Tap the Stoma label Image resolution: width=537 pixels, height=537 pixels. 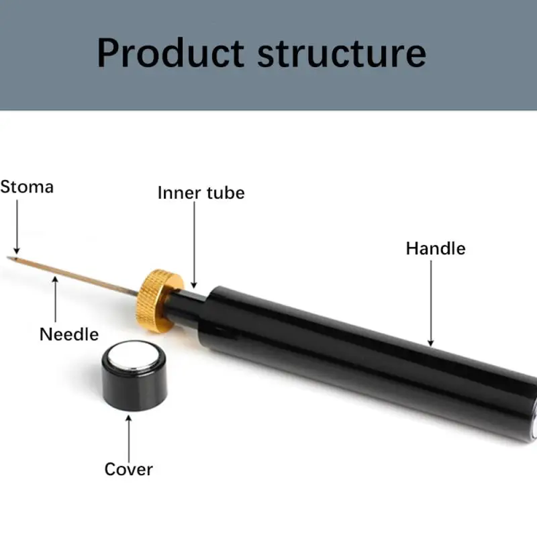point(27,187)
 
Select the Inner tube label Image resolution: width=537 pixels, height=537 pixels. point(201,193)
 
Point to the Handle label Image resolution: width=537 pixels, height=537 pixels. point(435,248)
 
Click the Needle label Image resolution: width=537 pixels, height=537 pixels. point(68,334)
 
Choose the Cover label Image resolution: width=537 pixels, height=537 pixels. point(128,469)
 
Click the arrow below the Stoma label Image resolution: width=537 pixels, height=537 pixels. point(17,228)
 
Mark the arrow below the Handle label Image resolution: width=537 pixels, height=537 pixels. point(430,302)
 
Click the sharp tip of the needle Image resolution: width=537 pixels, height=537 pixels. point(9,256)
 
